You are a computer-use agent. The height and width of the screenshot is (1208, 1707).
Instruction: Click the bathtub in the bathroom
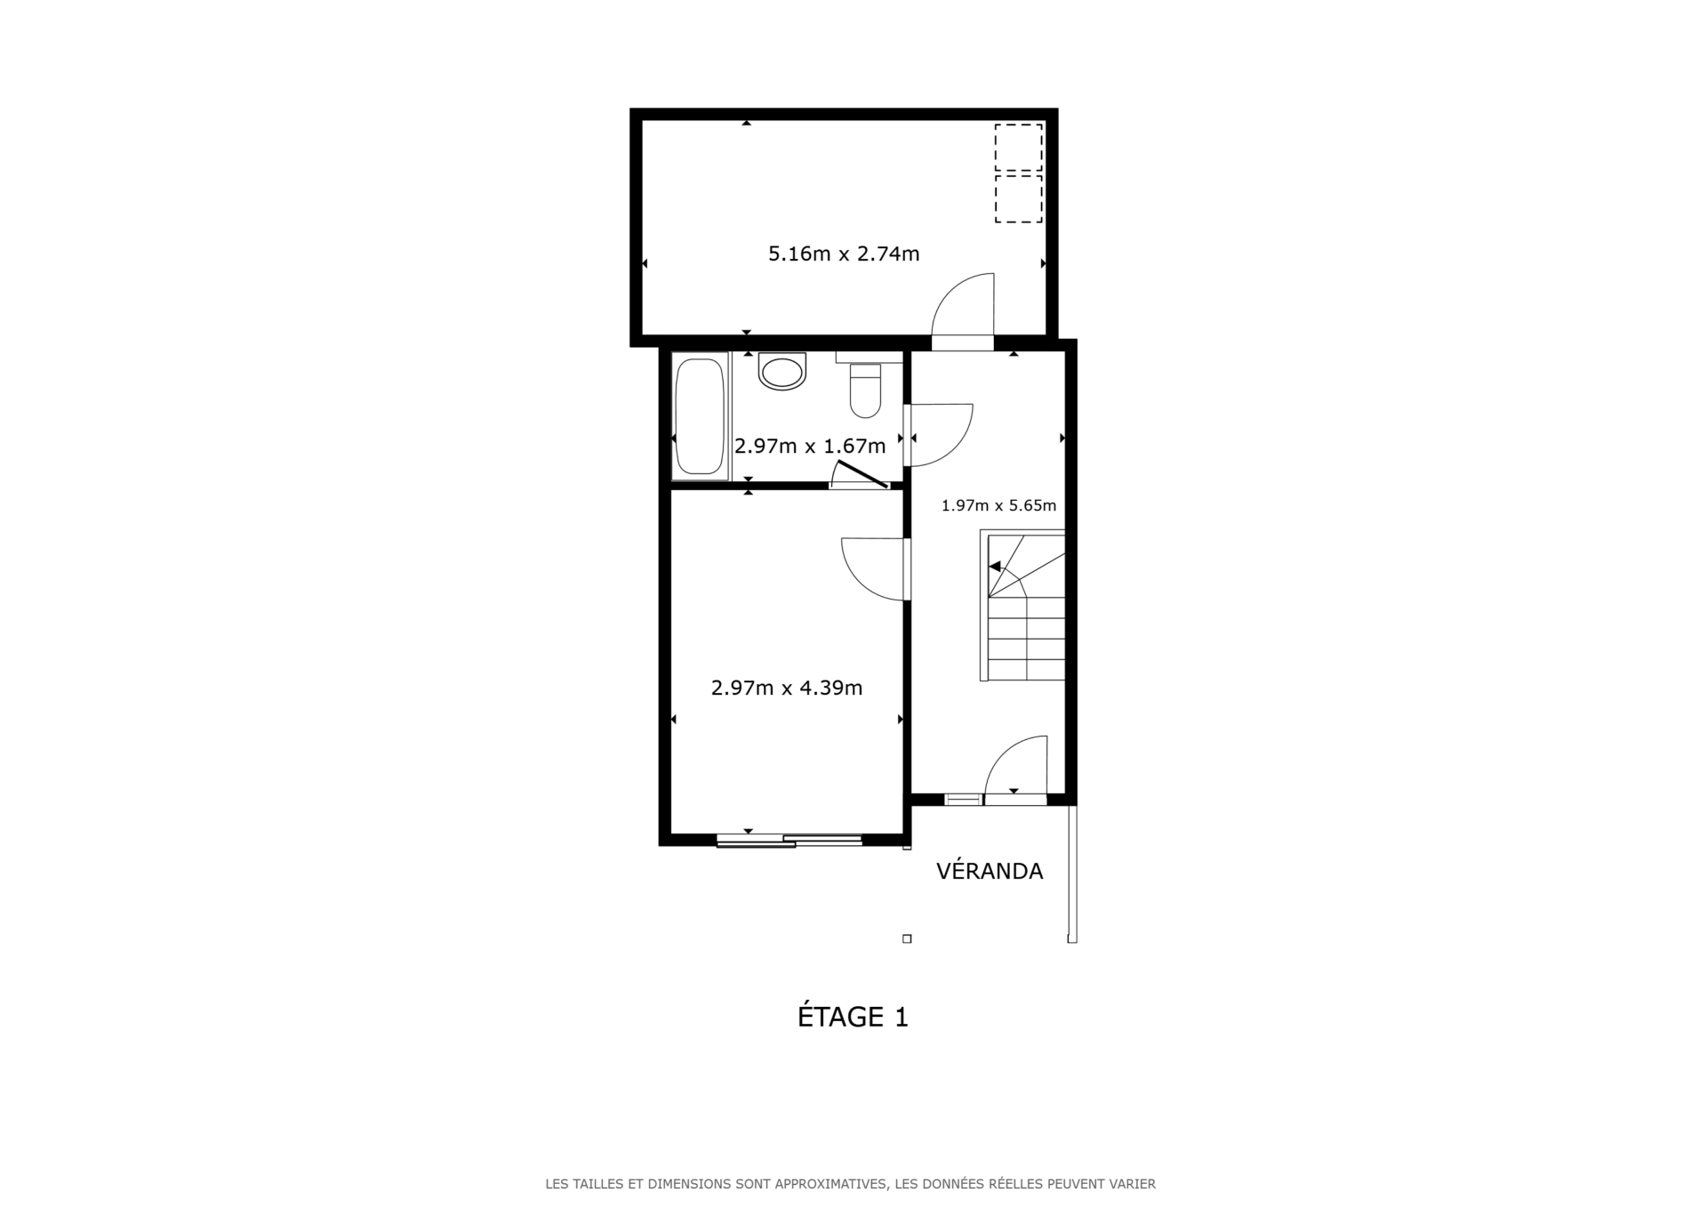tap(700, 416)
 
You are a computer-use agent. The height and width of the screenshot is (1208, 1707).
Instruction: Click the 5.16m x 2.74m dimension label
tap(844, 254)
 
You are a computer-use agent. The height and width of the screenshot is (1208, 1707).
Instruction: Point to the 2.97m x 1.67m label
tap(810, 446)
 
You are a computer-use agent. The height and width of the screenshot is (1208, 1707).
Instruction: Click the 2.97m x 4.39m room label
tap(787, 688)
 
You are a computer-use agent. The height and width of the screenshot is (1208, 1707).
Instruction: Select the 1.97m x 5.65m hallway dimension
tap(998, 506)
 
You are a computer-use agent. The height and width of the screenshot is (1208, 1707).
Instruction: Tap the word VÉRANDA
tap(990, 872)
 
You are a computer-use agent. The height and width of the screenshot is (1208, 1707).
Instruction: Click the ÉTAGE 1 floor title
tap(853, 1017)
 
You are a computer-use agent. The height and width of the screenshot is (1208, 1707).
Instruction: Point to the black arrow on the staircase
tap(995, 567)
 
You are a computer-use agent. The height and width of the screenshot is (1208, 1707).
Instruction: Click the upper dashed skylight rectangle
tap(1018, 148)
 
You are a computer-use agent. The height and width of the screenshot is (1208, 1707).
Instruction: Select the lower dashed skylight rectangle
tap(1018, 198)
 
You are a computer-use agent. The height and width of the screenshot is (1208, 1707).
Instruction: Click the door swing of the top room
tap(965, 307)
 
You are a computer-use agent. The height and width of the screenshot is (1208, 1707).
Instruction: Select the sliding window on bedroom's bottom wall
tap(789, 840)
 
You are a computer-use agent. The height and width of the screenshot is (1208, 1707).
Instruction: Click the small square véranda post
tap(907, 938)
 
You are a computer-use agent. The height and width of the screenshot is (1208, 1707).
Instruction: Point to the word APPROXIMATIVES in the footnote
tap(830, 1184)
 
